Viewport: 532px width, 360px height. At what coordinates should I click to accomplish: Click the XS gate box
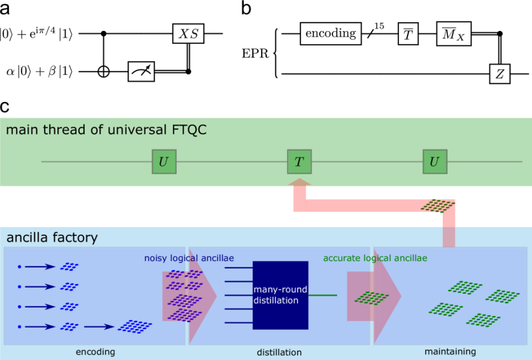coord(188,34)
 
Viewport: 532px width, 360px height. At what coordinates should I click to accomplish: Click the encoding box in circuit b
coord(330,34)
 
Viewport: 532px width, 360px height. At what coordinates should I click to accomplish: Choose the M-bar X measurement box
coord(453,34)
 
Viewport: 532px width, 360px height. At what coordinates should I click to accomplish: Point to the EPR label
coord(256,54)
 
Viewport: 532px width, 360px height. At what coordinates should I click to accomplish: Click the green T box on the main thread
coord(299,162)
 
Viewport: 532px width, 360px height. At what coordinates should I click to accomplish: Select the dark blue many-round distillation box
coord(280,295)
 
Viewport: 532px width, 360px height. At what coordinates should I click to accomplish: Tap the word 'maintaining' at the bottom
coord(450,351)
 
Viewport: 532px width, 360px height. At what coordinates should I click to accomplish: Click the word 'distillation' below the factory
coord(279,352)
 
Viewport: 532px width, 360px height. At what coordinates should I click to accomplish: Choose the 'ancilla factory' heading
coord(52,238)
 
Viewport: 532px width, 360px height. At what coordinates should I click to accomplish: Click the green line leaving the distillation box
coord(321,295)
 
